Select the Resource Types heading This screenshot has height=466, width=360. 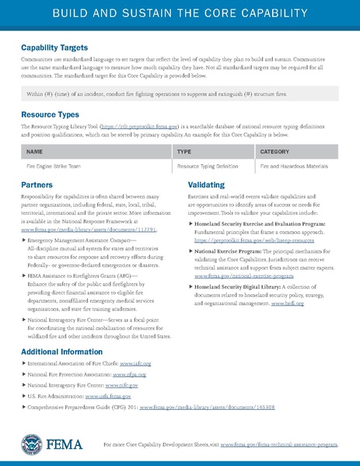(48, 114)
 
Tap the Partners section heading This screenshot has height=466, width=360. (38, 185)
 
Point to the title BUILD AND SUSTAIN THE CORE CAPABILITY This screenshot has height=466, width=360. (180, 15)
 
